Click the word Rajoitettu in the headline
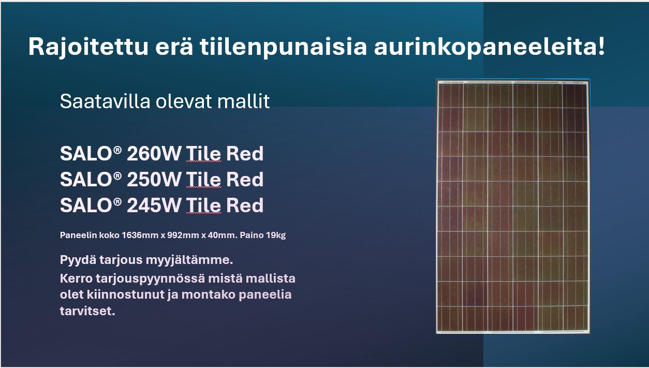pyautogui.click(x=89, y=47)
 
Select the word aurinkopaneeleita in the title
pyautogui.click(x=485, y=47)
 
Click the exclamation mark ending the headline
pyautogui.click(x=601, y=46)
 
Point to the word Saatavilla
pyautogui.click(x=105, y=101)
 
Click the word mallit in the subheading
pyautogui.click(x=243, y=101)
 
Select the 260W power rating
pyautogui.click(x=154, y=154)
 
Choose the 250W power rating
pyautogui.click(x=154, y=180)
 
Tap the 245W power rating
pyautogui.click(x=154, y=205)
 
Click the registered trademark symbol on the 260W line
pyautogui.click(x=117, y=150)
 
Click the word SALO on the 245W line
pyautogui.click(x=86, y=205)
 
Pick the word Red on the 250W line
pyautogui.click(x=245, y=180)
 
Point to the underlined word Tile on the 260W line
pyautogui.click(x=203, y=154)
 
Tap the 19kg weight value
pyautogui.click(x=275, y=235)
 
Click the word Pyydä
pyautogui.click(x=78, y=260)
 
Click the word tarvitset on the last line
pyautogui.click(x=87, y=311)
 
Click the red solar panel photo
pyautogui.click(x=513, y=207)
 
